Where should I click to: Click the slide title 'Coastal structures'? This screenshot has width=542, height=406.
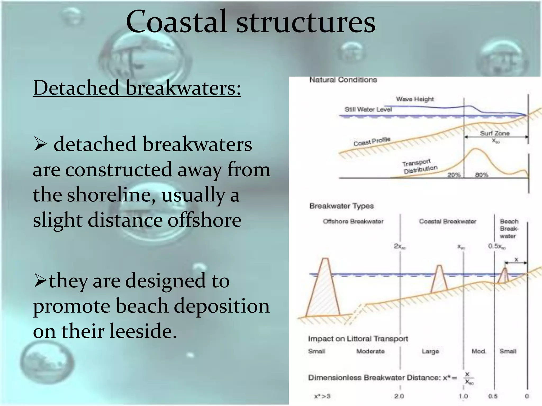click(250, 22)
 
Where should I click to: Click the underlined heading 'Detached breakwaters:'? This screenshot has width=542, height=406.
click(137, 88)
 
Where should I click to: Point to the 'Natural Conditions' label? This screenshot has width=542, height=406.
click(343, 80)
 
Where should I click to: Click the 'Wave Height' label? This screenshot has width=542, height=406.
click(415, 99)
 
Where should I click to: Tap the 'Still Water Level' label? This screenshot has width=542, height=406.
click(368, 109)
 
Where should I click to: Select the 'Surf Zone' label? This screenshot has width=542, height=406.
click(495, 133)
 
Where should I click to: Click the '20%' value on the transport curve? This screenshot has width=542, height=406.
click(454, 175)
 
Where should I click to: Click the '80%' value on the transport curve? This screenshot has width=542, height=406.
click(481, 175)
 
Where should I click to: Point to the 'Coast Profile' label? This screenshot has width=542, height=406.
click(372, 141)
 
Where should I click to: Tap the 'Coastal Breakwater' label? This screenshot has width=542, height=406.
click(448, 222)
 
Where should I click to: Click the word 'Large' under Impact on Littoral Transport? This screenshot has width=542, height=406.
click(430, 351)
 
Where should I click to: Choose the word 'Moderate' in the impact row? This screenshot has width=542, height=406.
click(370, 351)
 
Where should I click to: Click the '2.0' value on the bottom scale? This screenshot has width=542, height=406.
click(399, 396)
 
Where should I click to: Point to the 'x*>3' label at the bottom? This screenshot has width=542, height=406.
click(322, 396)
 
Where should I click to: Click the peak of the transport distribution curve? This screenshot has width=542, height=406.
click(475, 149)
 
